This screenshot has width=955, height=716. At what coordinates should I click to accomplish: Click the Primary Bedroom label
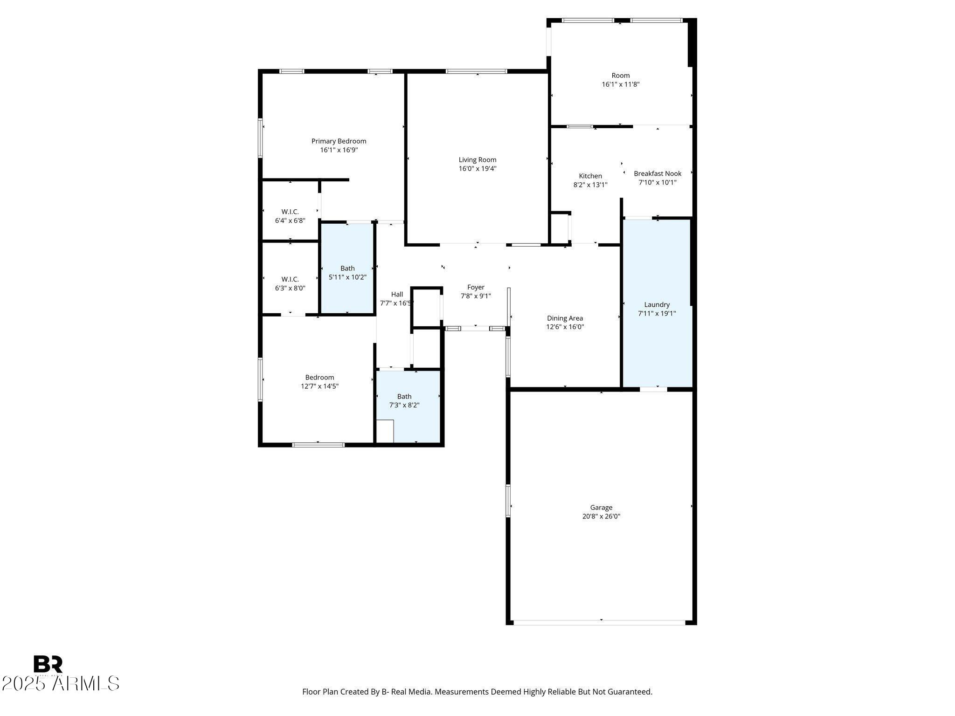tap(339, 141)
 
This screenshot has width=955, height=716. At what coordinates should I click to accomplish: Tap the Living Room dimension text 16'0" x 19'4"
tap(477, 169)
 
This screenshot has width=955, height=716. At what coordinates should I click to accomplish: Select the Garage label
tap(601, 508)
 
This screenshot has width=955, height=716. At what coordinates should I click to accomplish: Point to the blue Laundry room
tap(657, 303)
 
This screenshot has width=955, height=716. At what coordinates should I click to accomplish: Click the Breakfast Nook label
tap(657, 173)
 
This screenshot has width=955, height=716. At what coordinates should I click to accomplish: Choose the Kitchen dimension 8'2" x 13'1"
tap(590, 185)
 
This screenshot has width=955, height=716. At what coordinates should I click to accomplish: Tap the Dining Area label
tap(565, 318)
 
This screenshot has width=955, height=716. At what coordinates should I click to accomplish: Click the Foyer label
tap(476, 287)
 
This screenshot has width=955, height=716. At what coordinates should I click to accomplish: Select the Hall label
tap(397, 294)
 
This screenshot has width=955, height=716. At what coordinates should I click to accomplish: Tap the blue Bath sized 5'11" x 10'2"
tap(347, 268)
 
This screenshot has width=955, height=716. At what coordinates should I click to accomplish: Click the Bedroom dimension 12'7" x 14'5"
tap(320, 386)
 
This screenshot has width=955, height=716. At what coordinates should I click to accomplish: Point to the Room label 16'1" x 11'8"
tap(621, 76)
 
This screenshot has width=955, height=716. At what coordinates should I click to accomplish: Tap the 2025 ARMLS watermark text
tap(61, 684)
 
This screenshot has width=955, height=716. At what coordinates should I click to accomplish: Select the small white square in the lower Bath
tap(385, 431)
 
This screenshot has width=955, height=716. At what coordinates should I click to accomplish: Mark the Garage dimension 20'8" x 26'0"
tap(601, 516)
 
